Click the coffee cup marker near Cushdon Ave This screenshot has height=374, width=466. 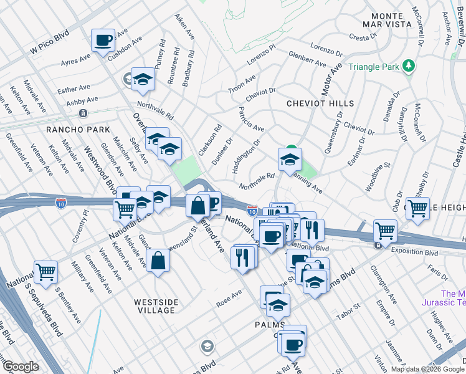[x=103, y=41]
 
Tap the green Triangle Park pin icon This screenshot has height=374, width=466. [x=409, y=65]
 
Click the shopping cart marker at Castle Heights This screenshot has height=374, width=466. [x=417, y=209]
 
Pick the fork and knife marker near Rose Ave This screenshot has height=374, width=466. [x=243, y=256]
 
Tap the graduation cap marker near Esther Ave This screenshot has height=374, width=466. [x=143, y=79]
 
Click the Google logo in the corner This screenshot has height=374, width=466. [x=20, y=367]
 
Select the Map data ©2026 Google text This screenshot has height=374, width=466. [x=427, y=369]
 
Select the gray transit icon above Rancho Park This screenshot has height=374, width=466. [x=82, y=113]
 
